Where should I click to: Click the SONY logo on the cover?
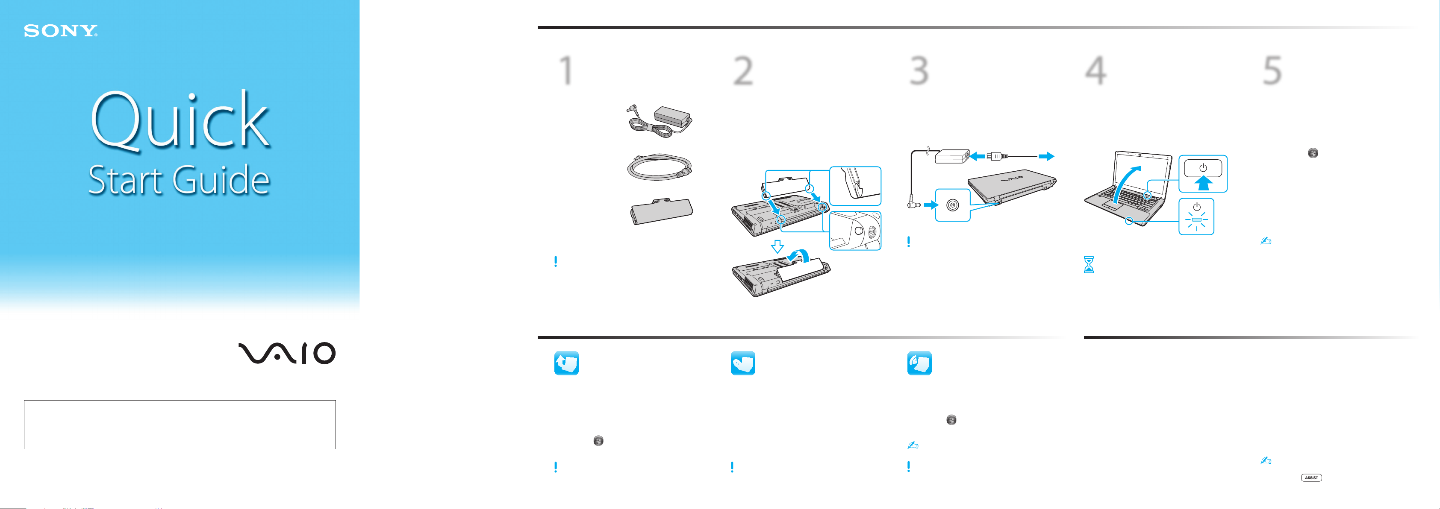click(60, 31)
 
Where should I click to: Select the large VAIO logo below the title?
click(287, 353)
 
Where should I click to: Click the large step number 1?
click(566, 70)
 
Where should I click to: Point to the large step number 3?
click(919, 70)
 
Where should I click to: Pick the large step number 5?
click(1272, 70)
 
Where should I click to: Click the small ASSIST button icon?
click(1311, 478)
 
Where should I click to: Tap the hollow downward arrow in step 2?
click(777, 246)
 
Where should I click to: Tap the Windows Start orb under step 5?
click(1313, 153)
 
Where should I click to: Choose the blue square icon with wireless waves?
click(919, 363)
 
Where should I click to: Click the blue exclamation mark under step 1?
click(555, 261)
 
